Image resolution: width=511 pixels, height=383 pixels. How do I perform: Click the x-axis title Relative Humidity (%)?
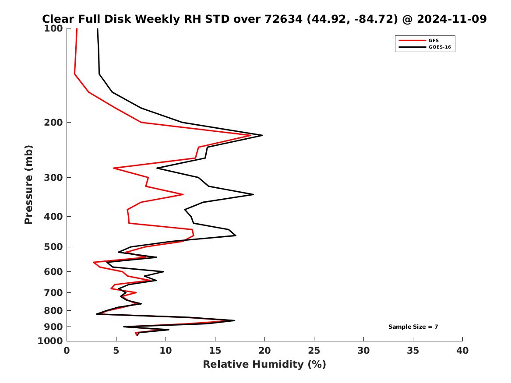tap(264, 364)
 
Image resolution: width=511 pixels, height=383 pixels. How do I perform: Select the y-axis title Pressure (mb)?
tap(29, 184)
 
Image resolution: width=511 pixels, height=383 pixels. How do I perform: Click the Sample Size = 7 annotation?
tap(413, 327)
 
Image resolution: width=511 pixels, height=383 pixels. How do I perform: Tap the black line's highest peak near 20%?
tap(262, 135)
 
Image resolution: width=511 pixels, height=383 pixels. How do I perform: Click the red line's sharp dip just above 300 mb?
tap(114, 168)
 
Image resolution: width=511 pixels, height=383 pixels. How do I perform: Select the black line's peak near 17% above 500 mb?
tap(236, 235)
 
